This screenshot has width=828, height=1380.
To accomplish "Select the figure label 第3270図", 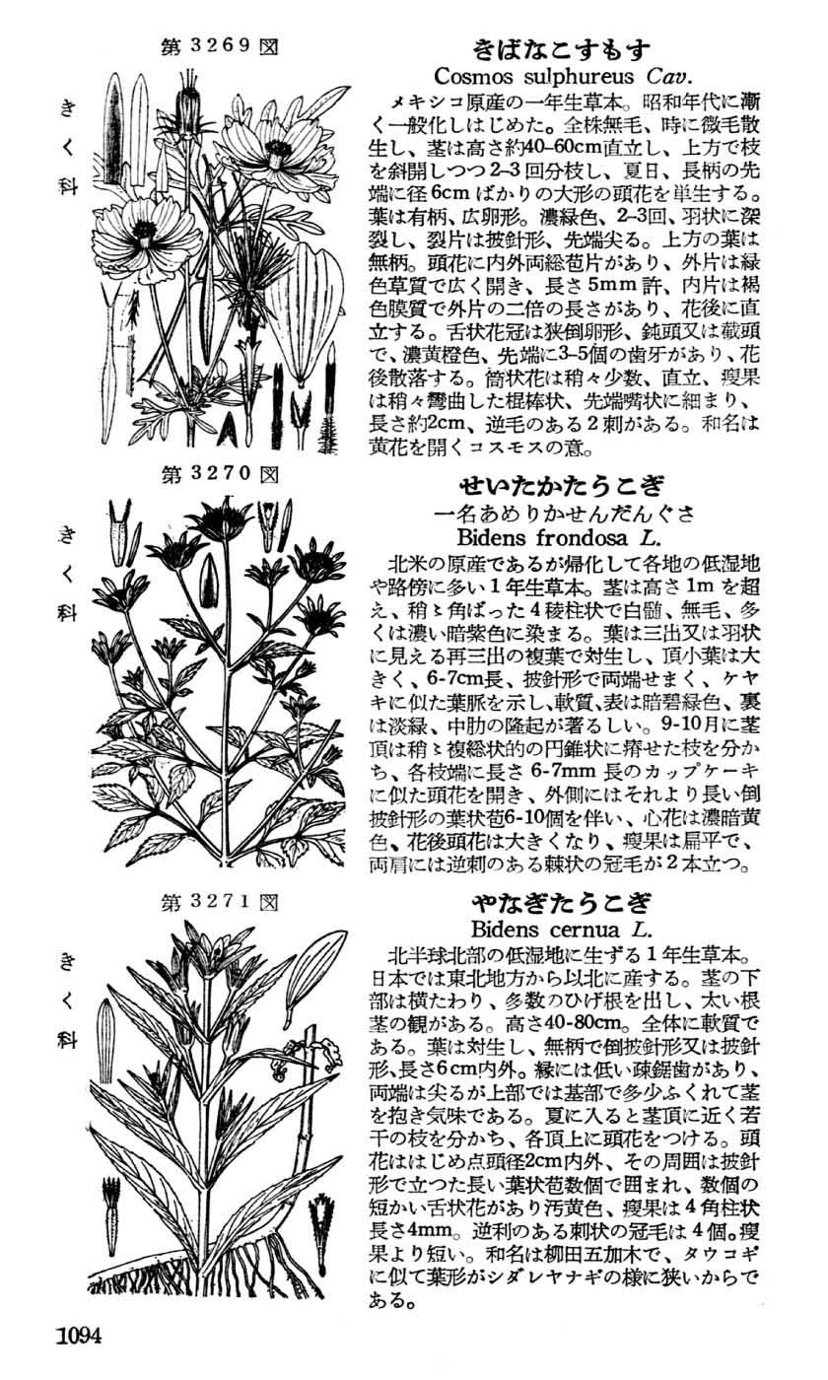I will tap(220, 474).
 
